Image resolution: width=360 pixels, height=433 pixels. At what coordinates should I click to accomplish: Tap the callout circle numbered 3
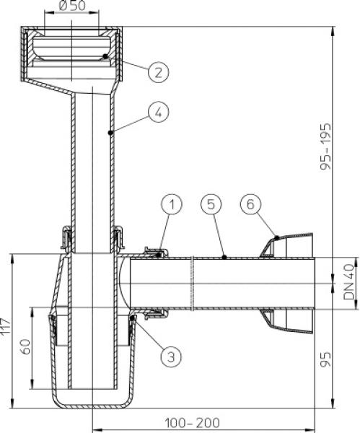click(170, 355)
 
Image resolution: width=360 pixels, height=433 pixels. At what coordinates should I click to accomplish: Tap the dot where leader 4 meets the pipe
click(110, 133)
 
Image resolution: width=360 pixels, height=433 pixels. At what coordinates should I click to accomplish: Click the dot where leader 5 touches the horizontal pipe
click(225, 257)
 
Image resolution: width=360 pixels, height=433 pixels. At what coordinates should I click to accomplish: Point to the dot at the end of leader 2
click(105, 56)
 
